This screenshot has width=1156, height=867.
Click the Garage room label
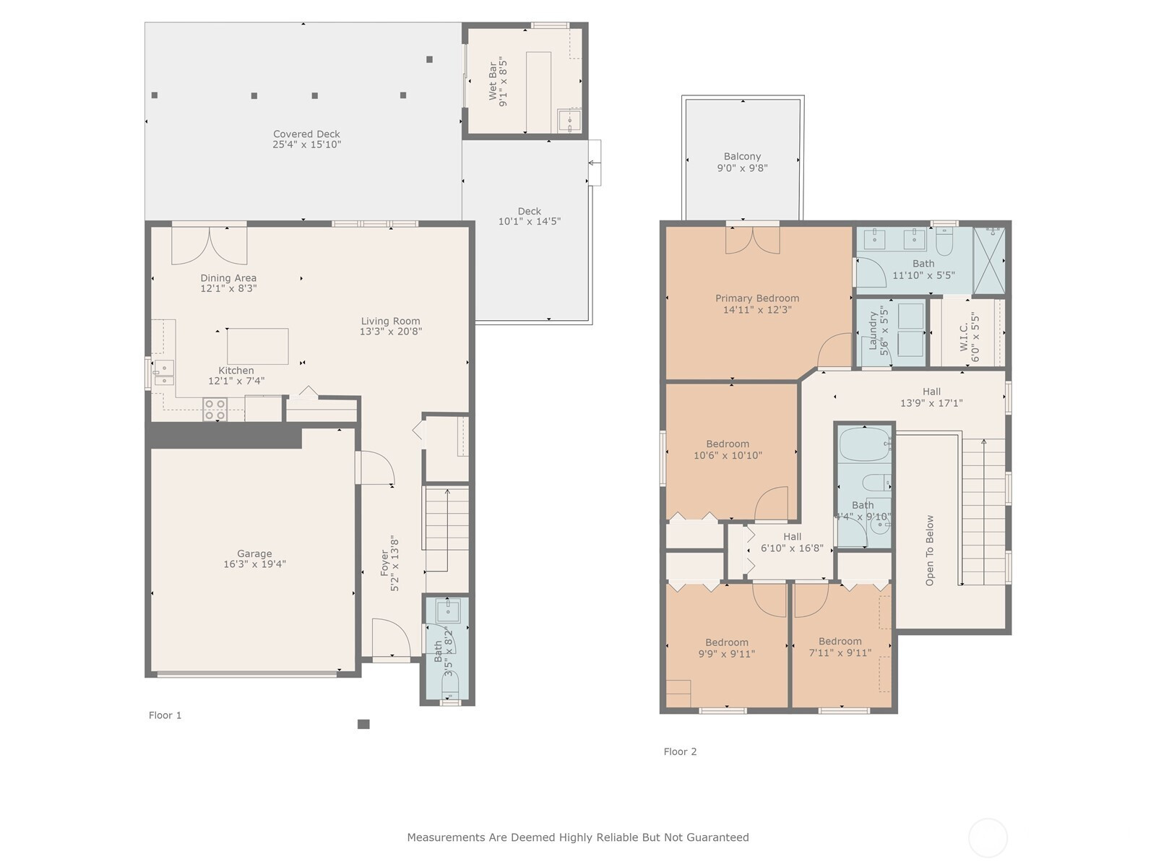(x=254, y=553)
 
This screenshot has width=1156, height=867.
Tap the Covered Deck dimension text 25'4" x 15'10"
(x=306, y=144)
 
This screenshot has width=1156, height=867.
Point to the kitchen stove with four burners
(x=215, y=410)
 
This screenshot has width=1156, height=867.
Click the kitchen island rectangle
(x=257, y=346)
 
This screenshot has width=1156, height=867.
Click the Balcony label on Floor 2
(x=742, y=156)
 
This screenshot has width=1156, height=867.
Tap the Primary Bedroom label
(x=756, y=298)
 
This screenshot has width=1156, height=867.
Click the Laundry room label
(x=873, y=331)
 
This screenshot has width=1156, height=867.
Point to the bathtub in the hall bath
(x=864, y=444)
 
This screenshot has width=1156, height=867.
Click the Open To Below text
(x=930, y=550)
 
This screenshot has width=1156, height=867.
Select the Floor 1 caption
(x=165, y=715)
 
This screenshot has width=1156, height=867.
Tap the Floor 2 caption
(x=680, y=751)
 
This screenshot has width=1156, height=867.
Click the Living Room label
(x=390, y=321)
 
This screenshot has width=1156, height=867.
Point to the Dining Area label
(x=228, y=277)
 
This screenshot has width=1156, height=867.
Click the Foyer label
(x=384, y=563)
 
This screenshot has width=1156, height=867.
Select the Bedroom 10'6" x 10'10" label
(x=728, y=444)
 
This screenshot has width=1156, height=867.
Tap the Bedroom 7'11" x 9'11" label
(x=840, y=641)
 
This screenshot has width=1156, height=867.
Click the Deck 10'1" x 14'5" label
(x=530, y=211)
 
